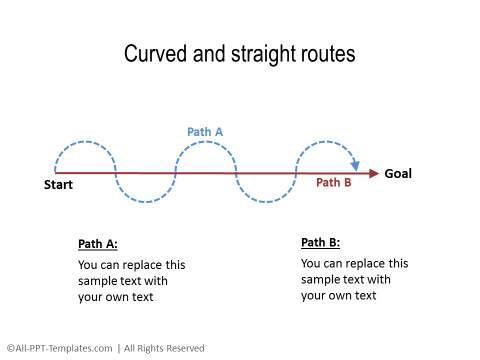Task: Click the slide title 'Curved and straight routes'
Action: pos(239,54)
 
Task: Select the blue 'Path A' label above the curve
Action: pos(205,132)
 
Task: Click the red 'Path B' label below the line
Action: pos(334,182)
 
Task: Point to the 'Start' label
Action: pos(59,185)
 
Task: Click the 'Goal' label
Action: pos(398,173)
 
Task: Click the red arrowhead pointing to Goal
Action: pos(373,173)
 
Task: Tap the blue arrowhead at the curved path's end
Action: pos(354,164)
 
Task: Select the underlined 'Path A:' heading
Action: pos(98,244)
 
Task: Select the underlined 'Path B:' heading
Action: pos(320,242)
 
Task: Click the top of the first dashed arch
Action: pos(85,143)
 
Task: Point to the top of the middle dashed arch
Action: pos(206,143)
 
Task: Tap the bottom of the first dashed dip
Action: pos(146,202)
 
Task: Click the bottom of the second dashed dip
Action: pos(266,202)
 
